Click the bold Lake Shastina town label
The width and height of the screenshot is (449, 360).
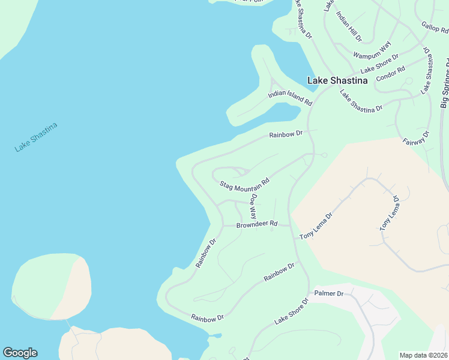[x=337, y=80]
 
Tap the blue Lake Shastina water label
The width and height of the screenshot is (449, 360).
[x=36, y=137]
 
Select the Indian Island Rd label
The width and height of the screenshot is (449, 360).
[x=290, y=98]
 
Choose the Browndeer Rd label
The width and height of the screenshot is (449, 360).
[x=256, y=224]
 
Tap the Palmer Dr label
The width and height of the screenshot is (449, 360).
[x=328, y=294]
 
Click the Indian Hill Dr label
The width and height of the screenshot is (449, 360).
[x=349, y=26]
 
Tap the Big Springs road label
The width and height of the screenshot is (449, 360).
[x=444, y=84]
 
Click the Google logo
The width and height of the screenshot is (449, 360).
[x=20, y=353]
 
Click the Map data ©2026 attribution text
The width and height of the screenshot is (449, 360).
[x=423, y=355]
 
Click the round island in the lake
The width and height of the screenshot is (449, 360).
[x=52, y=286]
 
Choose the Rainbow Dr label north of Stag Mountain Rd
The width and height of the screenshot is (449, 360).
[x=285, y=134]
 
